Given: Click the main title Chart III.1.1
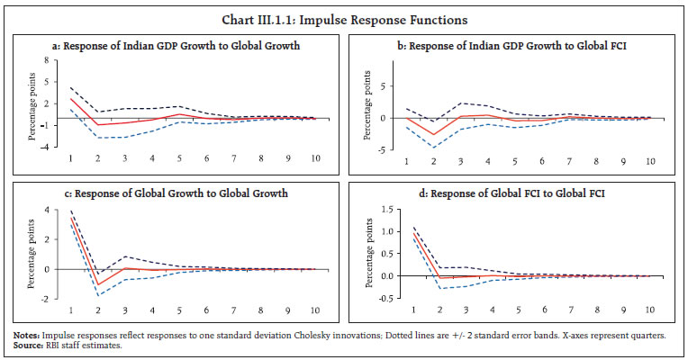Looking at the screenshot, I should click(343, 17).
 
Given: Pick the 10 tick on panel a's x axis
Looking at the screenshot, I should click(314, 158).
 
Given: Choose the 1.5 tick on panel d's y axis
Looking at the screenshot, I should click(390, 209).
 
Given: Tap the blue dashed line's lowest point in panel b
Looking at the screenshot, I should click(434, 147).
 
